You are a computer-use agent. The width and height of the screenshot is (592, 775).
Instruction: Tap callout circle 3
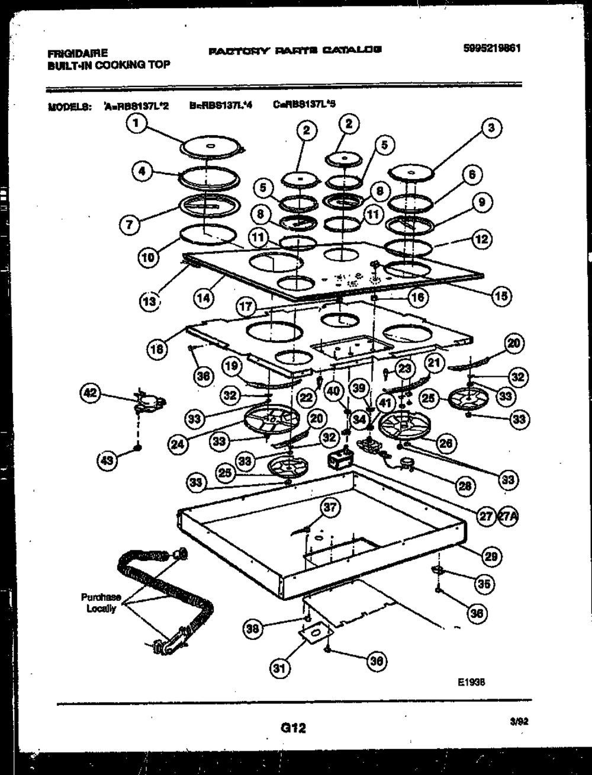pyautogui.click(x=491, y=127)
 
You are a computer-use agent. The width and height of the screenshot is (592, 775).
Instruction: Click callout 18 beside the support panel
pyautogui.click(x=156, y=350)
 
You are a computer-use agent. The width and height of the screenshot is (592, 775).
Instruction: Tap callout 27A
pyautogui.click(x=508, y=516)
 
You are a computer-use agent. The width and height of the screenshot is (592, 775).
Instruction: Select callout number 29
pyautogui.click(x=491, y=556)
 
